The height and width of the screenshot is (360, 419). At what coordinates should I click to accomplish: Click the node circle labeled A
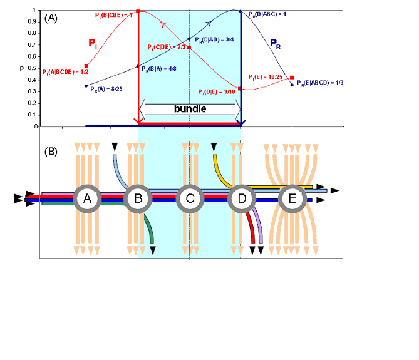coord(87,198)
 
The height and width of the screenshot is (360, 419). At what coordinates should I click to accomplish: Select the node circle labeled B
coord(138,198)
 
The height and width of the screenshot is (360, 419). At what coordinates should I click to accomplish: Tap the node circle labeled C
coord(190,198)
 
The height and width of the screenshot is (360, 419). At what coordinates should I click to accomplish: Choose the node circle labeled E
coord(292,198)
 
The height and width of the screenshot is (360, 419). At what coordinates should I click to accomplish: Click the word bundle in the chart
coord(190,108)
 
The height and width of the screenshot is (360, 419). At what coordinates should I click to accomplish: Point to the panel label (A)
coord(51,18)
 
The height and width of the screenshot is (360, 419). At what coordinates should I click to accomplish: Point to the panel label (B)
coord(51,151)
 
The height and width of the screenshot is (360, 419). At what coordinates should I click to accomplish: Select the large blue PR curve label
coord(276,44)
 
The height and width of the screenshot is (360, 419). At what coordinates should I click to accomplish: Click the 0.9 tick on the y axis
coord(32,23)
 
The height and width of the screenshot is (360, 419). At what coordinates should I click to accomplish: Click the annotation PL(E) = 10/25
coord(266,76)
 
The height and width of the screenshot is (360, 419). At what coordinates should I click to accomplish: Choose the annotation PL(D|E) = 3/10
coord(217,91)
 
